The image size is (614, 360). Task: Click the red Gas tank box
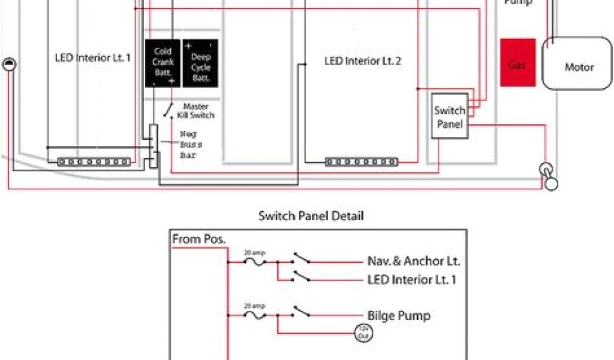pos(517,63)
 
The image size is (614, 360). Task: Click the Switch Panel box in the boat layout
pos(449,116)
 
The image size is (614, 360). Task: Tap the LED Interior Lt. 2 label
pos(363,61)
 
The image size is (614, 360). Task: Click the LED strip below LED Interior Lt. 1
pos(94,161)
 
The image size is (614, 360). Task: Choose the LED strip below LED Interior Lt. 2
pos(362,161)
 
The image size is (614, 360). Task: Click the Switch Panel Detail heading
pos(311,215)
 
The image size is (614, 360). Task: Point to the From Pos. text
pos(199,239)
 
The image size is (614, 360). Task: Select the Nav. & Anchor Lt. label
pos(414,261)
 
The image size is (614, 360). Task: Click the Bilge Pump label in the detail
pos(398,315)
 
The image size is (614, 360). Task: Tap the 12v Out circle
pos(363,332)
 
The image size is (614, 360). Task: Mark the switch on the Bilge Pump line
pos(301,313)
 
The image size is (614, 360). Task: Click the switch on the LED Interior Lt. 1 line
pos(301,276)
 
